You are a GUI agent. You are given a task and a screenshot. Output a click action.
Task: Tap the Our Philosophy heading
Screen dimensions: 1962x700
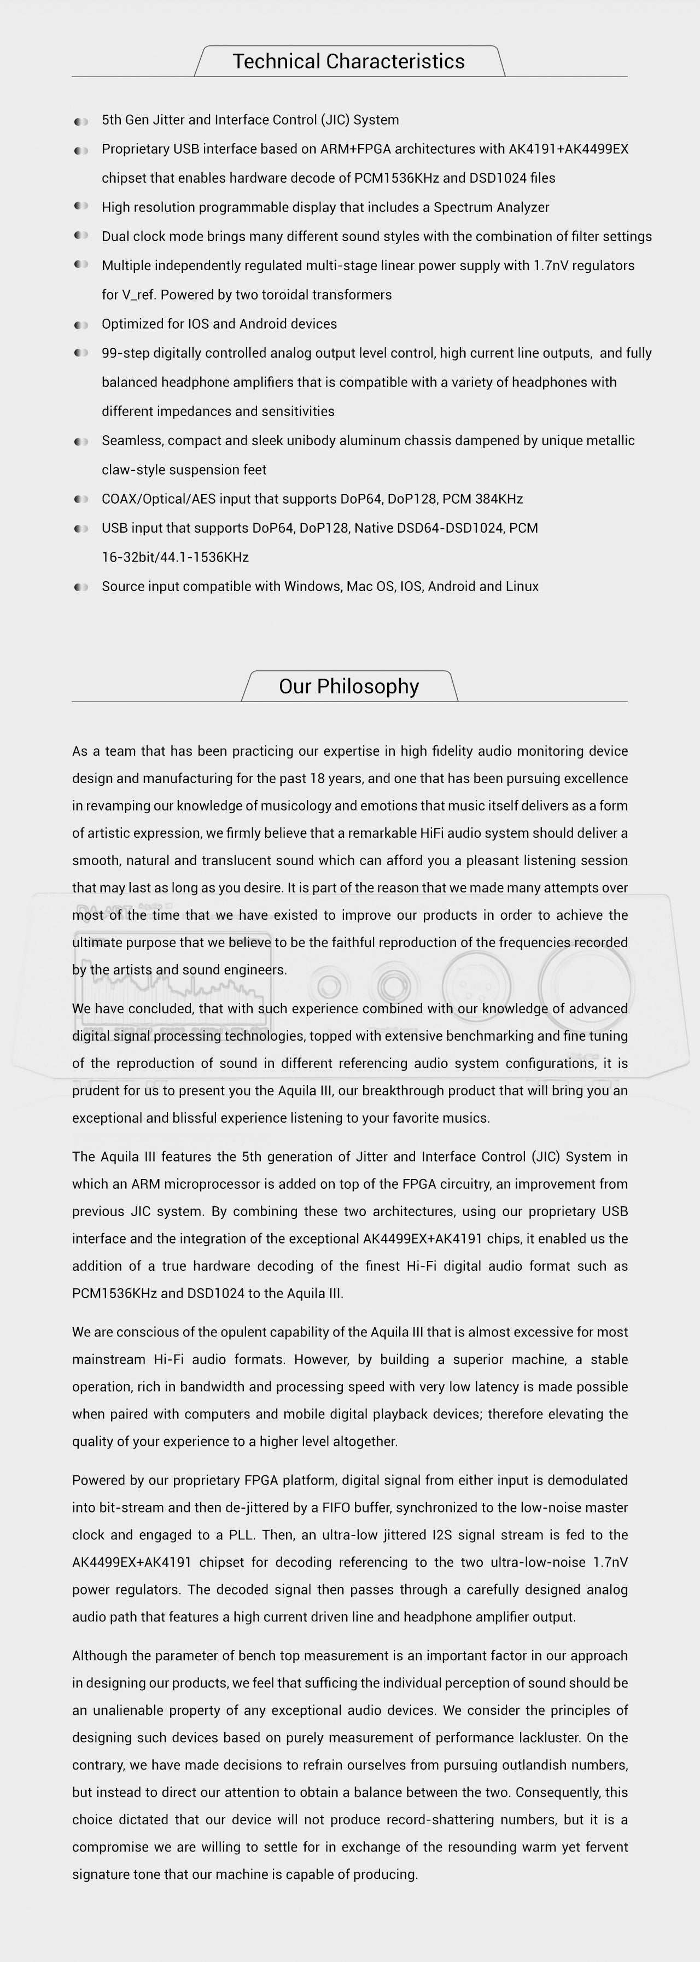349,686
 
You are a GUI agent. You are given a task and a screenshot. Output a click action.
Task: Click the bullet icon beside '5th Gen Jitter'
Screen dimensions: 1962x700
81,121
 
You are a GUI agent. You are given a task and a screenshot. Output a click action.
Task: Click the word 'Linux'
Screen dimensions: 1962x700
521,586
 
